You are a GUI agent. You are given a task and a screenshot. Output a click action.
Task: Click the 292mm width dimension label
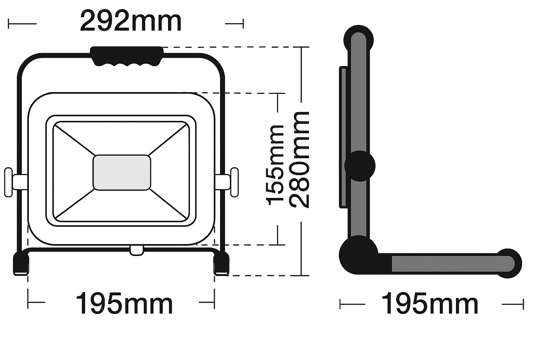tap(130, 22)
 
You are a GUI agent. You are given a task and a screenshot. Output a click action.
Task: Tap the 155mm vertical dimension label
tap(276, 165)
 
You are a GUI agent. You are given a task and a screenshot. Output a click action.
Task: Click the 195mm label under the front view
tap(124, 304)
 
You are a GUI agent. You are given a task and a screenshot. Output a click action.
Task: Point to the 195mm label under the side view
tap(430, 304)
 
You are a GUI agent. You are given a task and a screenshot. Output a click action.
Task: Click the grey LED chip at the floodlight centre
tap(122, 173)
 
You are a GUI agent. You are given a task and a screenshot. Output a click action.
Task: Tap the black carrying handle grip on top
tap(127, 56)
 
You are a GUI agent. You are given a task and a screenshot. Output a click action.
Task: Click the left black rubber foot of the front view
tap(21, 264)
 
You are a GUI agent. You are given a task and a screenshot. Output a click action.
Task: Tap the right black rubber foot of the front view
tap(221, 264)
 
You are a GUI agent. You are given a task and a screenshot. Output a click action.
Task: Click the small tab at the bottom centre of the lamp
tap(136, 250)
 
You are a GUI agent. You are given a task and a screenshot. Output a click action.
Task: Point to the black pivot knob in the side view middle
tap(360, 166)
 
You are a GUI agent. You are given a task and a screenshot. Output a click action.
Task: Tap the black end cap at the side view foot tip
tap(510, 263)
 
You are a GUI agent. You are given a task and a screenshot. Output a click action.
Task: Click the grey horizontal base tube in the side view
tap(446, 263)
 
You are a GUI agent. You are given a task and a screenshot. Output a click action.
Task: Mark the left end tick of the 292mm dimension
tap(9, 24)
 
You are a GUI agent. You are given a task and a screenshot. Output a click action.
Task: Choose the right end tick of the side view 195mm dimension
tap(523, 304)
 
